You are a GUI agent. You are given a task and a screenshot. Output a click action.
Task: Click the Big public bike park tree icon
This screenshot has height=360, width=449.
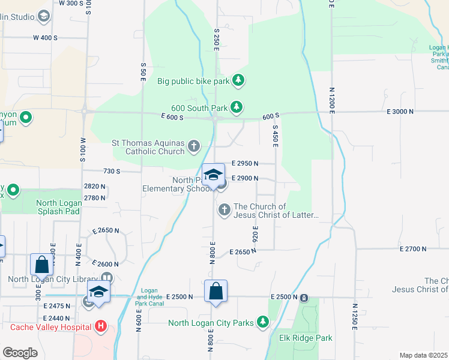click(238, 80)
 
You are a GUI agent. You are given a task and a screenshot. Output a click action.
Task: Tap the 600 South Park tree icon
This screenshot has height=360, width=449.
click(237, 107)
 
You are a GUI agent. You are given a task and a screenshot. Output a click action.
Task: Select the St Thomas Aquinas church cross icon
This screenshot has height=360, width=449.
click(194, 146)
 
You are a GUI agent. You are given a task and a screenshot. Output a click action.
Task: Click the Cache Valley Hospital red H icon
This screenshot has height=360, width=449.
click(101, 326)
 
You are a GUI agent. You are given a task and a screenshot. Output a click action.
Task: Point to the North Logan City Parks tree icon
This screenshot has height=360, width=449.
click(262, 323)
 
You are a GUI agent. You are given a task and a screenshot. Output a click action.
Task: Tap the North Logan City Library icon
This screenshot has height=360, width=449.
click(107, 278)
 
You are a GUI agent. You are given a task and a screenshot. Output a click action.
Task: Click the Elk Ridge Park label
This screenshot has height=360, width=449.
click(306, 338)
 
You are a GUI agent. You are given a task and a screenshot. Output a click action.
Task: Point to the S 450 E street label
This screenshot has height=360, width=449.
click(276, 136)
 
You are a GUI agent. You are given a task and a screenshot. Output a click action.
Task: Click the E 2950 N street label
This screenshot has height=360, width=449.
click(245, 163)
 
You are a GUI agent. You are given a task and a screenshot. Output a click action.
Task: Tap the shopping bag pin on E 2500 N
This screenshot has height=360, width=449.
click(216, 292)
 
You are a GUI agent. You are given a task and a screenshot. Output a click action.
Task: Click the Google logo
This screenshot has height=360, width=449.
click(20, 352)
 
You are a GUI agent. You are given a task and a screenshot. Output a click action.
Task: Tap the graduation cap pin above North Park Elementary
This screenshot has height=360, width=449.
click(214, 175)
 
